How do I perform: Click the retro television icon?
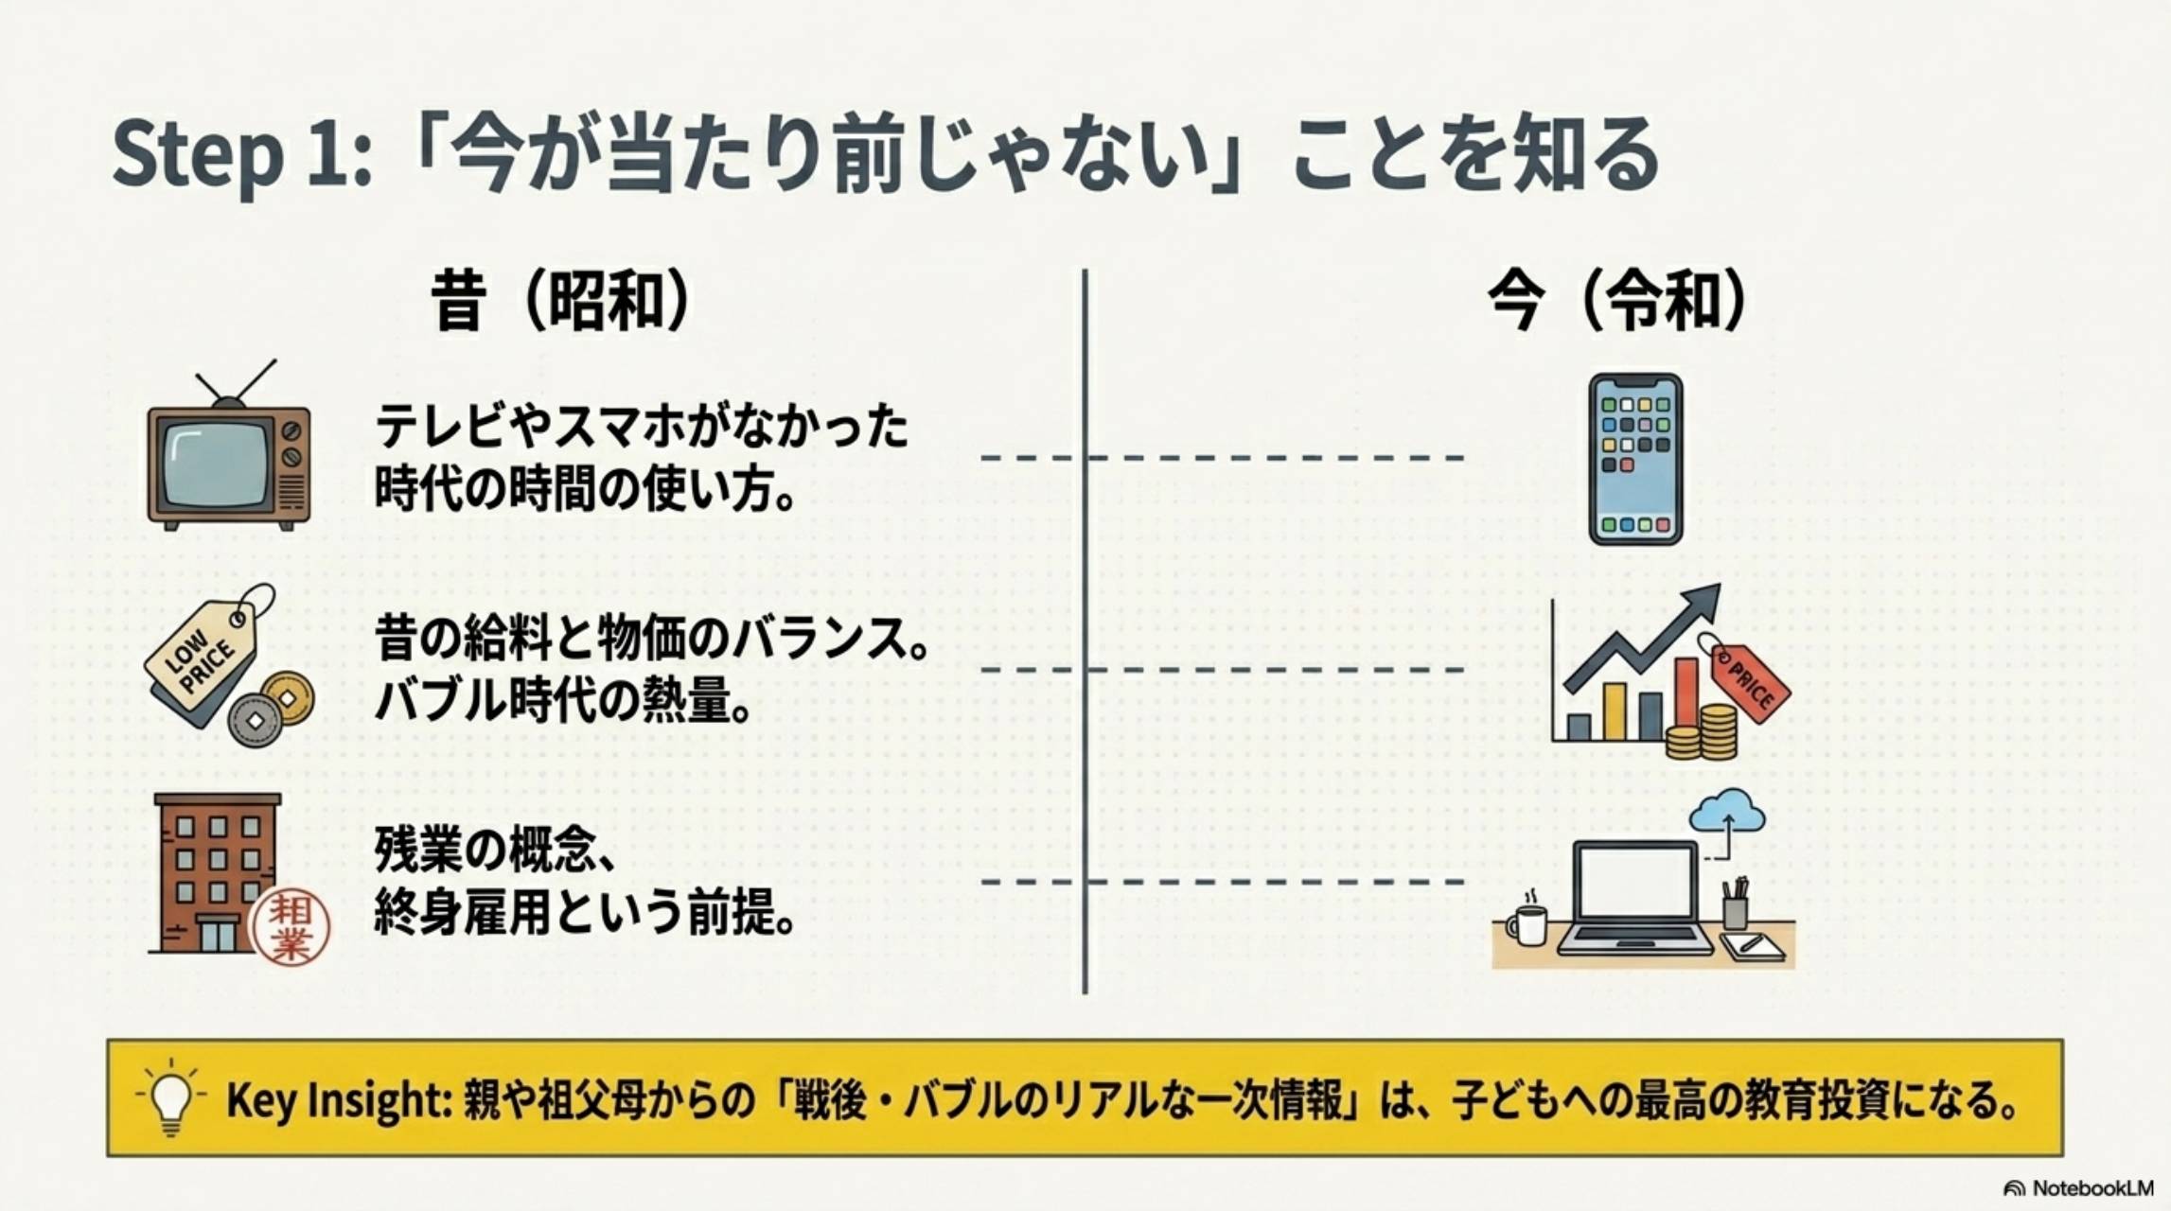228,465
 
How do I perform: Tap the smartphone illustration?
1634,459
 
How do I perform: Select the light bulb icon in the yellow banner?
171,1098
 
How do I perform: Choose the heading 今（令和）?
1616,302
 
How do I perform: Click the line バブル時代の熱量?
562,701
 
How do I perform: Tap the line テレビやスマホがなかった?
642,427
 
